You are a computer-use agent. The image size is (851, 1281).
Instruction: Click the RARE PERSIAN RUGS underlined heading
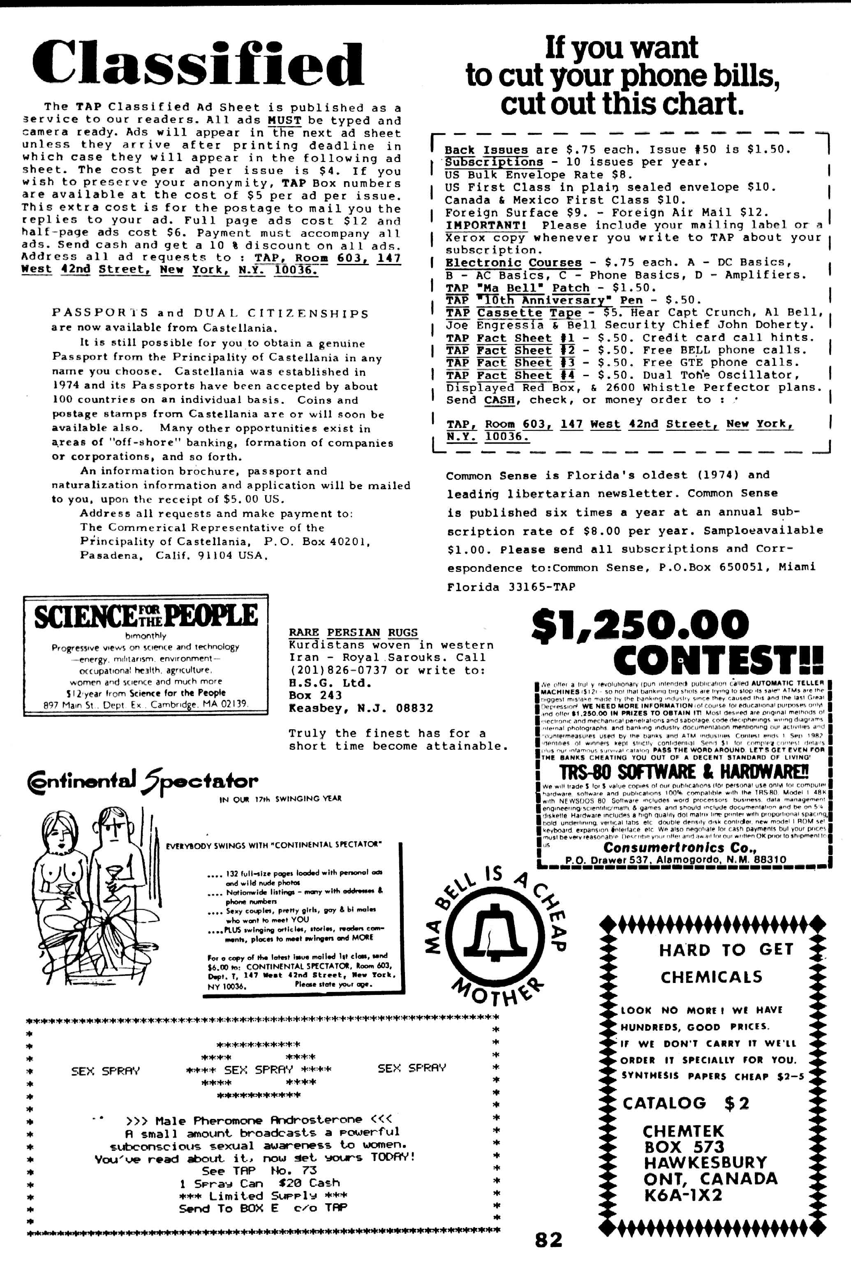tap(353, 633)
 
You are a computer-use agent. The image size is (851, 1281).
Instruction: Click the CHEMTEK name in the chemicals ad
tap(683, 1131)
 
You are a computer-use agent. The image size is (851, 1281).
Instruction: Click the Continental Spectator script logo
tap(142, 782)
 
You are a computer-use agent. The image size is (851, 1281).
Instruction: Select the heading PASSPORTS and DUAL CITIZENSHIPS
tap(210, 314)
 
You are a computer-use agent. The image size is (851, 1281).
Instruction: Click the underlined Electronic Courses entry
tap(513, 263)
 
